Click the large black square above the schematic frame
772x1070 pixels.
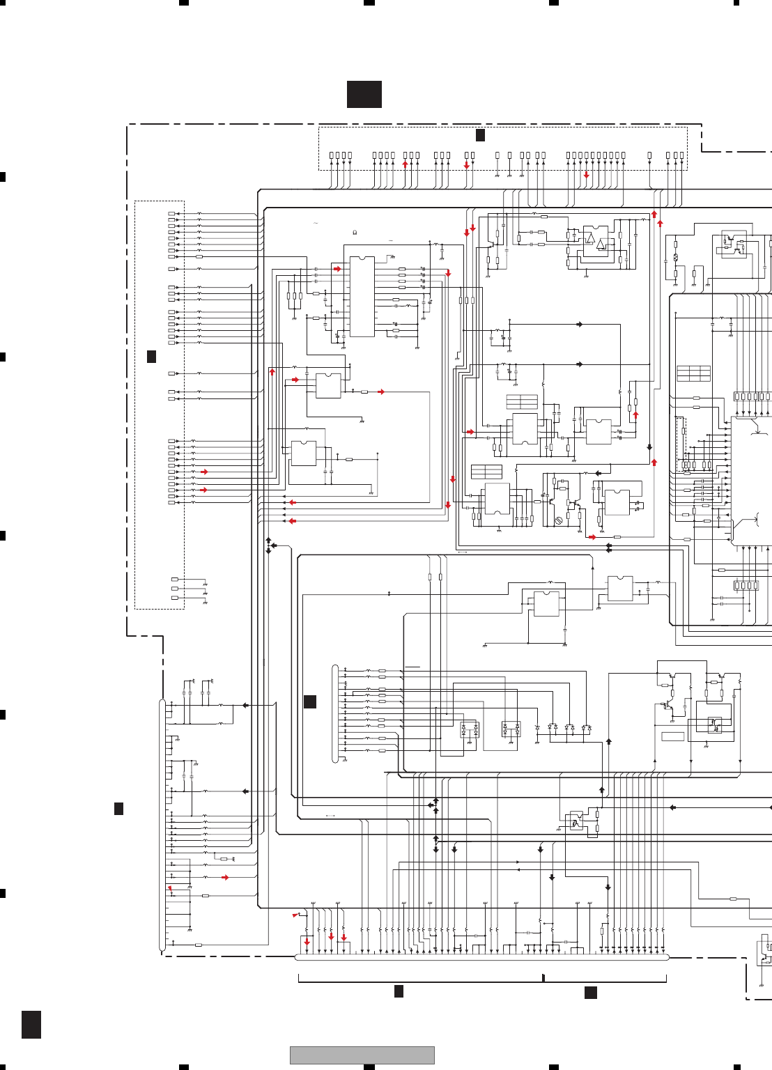click(364, 94)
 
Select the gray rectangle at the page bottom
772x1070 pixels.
click(362, 1055)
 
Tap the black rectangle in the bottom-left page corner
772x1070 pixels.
click(31, 1024)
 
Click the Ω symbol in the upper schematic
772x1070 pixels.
click(355, 232)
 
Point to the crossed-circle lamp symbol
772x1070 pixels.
click(675, 258)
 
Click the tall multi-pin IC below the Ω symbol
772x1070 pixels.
click(362, 297)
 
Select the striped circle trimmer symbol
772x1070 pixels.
click(558, 520)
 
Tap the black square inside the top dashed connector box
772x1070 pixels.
click(480, 135)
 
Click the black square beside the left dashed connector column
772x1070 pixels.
click(151, 357)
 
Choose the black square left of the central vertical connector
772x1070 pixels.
click(310, 701)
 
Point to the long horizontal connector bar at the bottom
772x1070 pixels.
click(481, 957)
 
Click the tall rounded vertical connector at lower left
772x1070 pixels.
click(162, 825)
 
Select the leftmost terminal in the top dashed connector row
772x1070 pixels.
click(332, 155)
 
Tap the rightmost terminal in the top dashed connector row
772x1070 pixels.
click(682, 155)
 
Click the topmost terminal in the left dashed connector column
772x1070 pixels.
click(172, 214)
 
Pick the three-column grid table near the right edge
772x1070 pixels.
click(693, 373)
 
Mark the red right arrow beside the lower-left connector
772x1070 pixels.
click(225, 877)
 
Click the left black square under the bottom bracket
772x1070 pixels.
click(399, 991)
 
